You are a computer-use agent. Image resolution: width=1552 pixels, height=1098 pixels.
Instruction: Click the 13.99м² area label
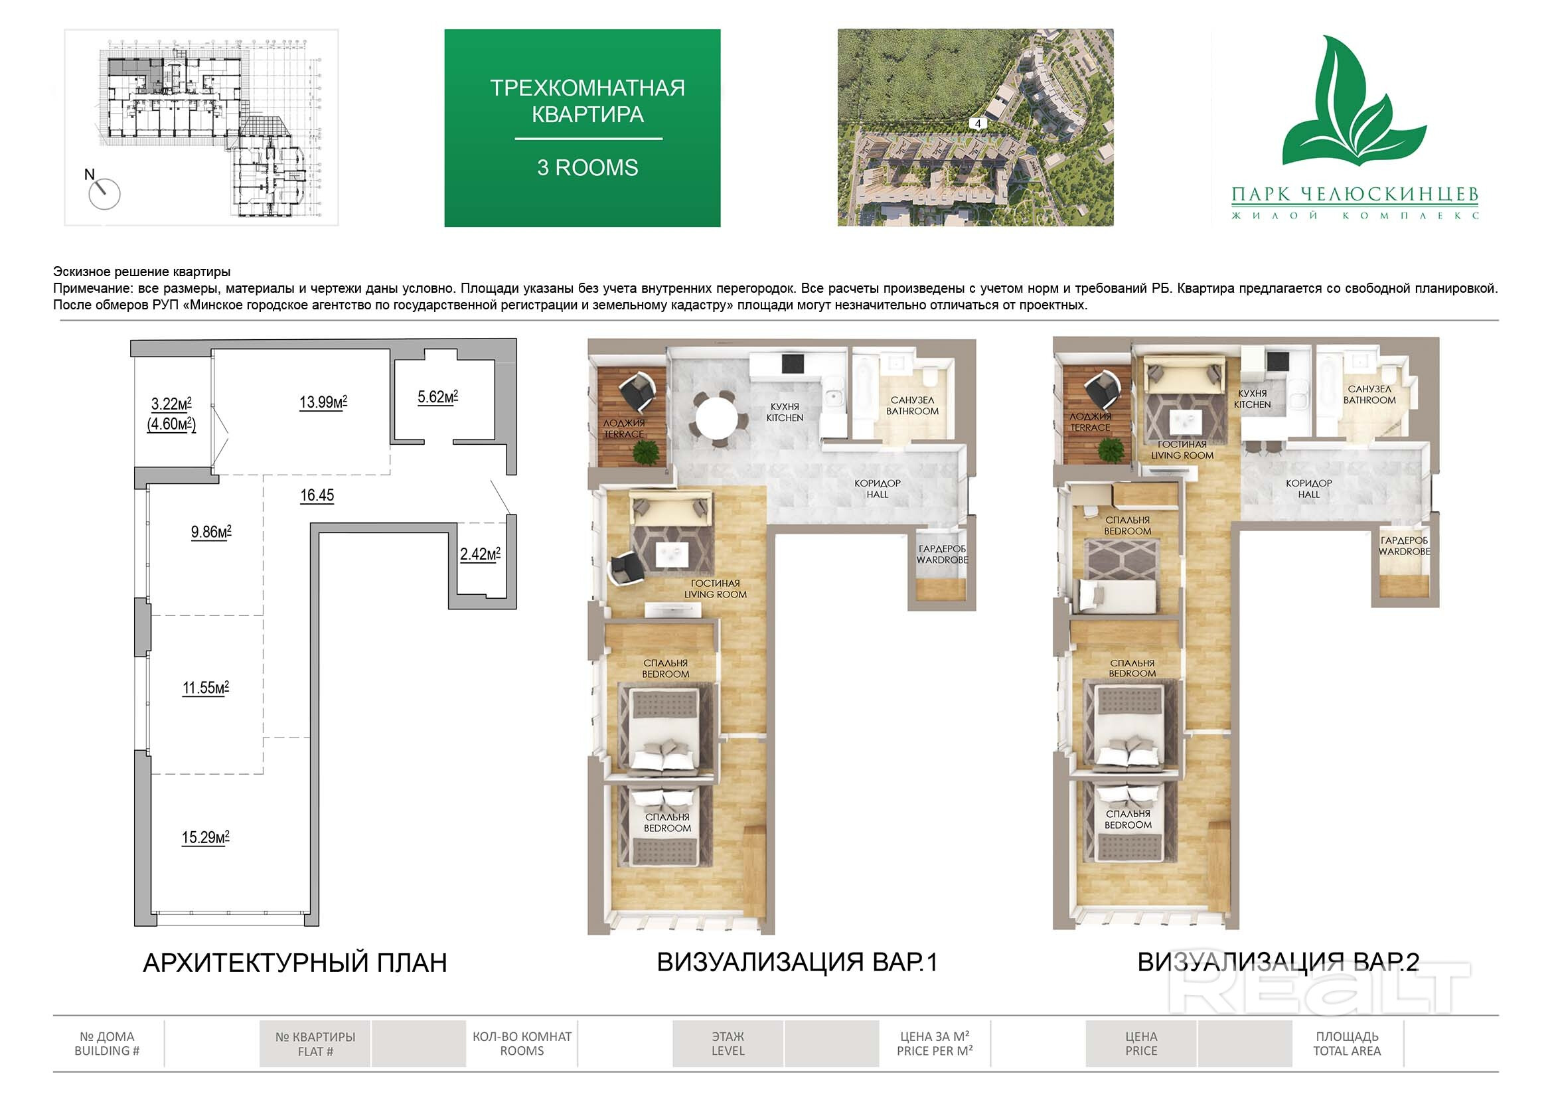pos(323,402)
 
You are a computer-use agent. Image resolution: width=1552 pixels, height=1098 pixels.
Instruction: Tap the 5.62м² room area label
pos(437,397)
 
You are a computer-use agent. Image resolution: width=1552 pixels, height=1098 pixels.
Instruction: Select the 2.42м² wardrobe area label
pos(480,554)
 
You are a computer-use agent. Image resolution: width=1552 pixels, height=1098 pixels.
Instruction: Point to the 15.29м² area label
pos(206,838)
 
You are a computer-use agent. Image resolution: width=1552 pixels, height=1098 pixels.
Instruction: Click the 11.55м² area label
pos(206,688)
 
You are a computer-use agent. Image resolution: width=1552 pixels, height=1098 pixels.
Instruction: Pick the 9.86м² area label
pos(211,532)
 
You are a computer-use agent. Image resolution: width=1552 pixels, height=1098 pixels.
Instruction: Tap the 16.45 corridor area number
pos(317,496)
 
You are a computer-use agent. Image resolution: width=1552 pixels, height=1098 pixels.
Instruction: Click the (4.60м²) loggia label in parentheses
pos(172,425)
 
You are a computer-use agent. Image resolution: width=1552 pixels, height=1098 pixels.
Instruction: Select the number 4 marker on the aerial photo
pos(977,123)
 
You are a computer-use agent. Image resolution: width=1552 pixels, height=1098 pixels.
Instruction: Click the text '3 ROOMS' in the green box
pos(587,168)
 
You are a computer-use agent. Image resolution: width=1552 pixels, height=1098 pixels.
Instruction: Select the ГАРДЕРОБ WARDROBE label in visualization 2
pos(1404,546)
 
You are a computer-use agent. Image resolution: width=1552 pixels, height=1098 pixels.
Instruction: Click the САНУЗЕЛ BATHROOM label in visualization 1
pos(913,406)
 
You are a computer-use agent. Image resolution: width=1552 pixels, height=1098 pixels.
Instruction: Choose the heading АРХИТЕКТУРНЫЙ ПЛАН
pos(295,963)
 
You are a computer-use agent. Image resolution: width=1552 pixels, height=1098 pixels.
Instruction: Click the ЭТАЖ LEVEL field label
pos(728,1044)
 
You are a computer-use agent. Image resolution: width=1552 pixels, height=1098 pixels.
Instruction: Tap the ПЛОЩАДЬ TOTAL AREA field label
pos(1347,1044)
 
